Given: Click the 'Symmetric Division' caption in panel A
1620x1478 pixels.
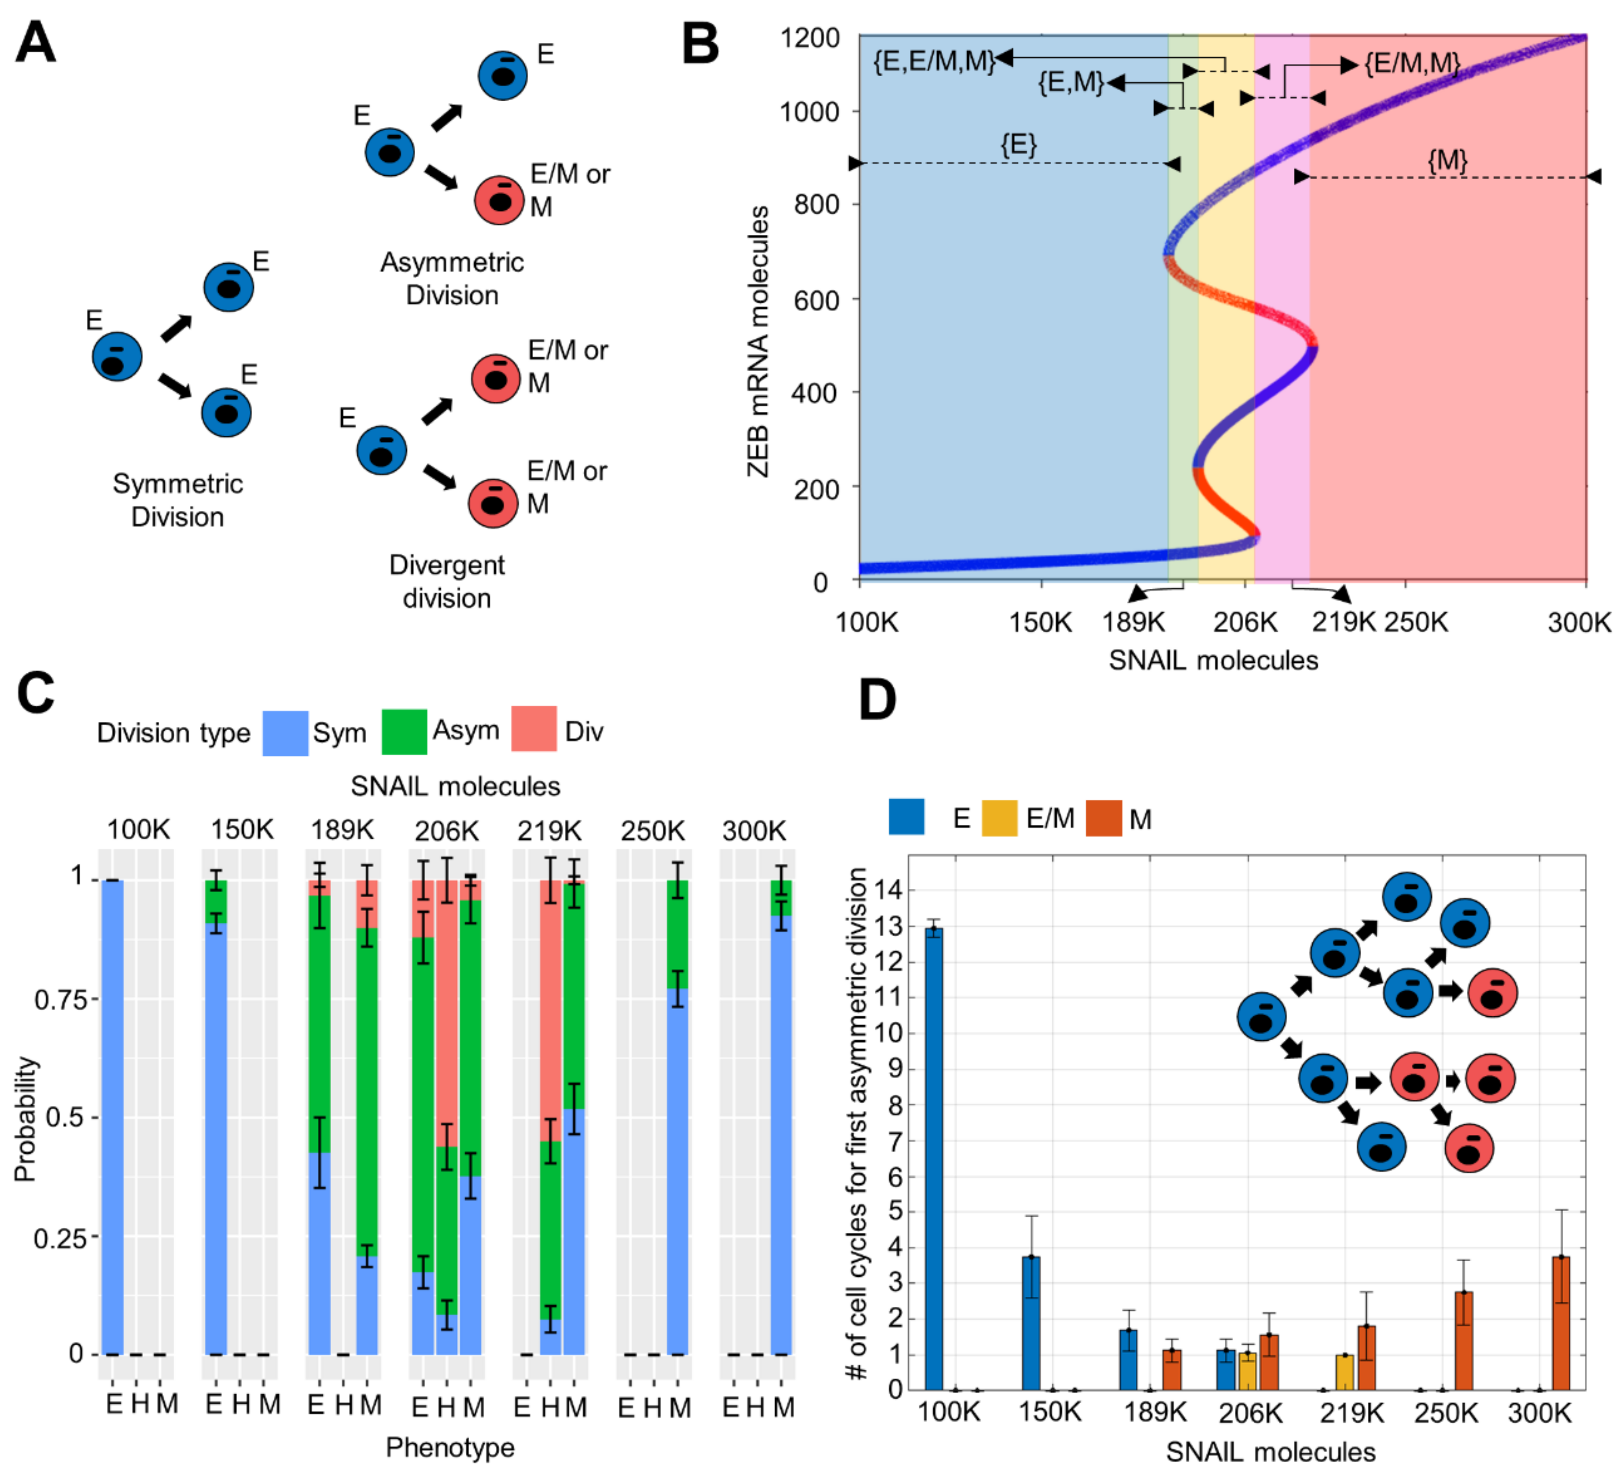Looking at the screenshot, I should click(177, 500).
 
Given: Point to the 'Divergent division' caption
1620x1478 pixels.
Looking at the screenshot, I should click(447, 581).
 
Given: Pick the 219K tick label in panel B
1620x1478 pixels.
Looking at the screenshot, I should click(1344, 622).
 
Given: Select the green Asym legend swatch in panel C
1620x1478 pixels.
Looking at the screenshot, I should click(403, 732).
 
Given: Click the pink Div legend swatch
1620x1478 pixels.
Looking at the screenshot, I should click(534, 729).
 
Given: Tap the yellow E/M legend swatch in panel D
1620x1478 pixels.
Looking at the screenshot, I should click(999, 818).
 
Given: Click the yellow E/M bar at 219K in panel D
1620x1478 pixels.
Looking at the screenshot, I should click(1344, 1373).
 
